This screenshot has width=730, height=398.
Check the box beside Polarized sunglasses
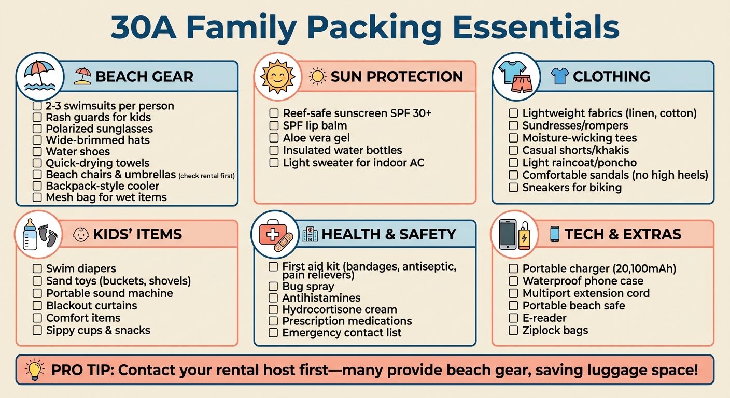pos(37,129)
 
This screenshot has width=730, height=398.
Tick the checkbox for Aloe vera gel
pos(274,138)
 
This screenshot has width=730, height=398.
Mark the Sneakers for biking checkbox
pos(513,188)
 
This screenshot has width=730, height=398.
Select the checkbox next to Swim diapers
pos(37,268)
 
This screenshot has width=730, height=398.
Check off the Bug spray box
pos(273,286)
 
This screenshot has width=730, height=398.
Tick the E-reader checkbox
pos(513,318)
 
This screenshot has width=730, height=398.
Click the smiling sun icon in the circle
pos(277,76)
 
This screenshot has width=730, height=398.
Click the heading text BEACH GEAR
pos(144,77)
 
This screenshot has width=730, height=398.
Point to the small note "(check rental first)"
pos(206,176)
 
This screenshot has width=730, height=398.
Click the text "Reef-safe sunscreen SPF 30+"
pos(357,113)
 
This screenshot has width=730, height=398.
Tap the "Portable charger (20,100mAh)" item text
pos(599,268)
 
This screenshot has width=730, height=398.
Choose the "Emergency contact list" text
pos(342,333)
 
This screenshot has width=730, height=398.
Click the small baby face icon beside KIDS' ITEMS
pos(81,235)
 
